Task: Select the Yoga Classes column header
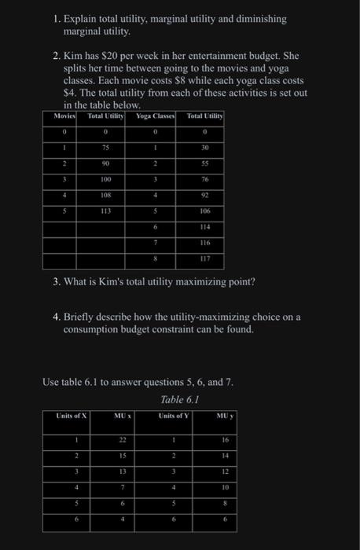point(156,115)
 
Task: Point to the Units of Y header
point(174,416)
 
